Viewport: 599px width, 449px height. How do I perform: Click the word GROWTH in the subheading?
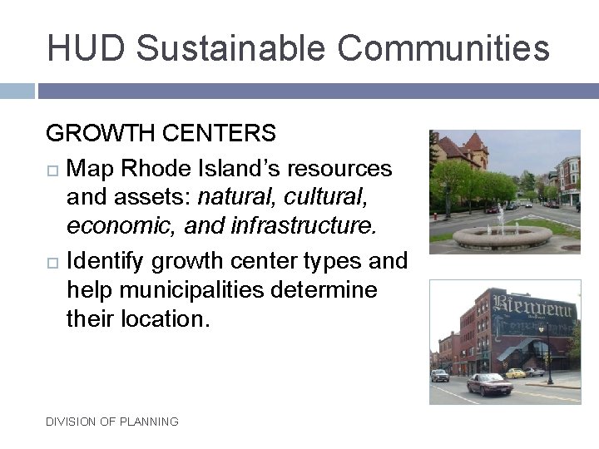tap(97, 133)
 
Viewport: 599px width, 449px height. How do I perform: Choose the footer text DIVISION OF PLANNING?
tap(112, 422)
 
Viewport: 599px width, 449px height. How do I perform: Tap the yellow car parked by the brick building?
tap(516, 373)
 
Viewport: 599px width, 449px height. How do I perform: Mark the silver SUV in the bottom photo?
tap(439, 375)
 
